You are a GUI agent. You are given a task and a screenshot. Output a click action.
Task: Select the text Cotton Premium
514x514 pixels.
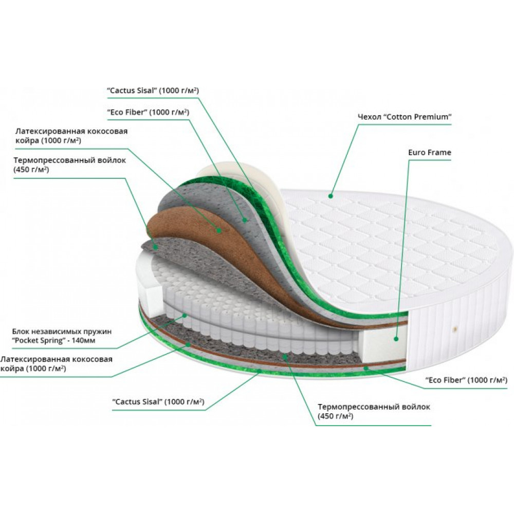coord(417,117)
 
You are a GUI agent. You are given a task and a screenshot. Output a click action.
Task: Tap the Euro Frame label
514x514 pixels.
coord(429,153)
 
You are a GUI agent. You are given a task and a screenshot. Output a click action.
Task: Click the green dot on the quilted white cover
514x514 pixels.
coord(331,196)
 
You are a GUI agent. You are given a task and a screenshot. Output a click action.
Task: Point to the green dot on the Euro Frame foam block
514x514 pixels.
coord(396,339)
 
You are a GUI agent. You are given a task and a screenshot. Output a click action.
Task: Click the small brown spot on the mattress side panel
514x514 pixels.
coord(454,328)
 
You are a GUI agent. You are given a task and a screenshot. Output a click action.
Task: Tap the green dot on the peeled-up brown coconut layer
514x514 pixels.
coord(218,230)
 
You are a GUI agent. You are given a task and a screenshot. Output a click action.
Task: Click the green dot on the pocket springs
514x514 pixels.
coord(185,316)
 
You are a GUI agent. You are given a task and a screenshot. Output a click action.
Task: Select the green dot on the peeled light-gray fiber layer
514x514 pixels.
coord(244,220)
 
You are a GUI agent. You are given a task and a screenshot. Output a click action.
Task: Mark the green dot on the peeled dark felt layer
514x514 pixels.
coord(156,247)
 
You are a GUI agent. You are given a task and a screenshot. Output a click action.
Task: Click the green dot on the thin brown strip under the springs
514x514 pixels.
coord(188,344)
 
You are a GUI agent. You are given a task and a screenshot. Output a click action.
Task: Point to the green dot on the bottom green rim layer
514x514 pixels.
coord(259,371)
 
